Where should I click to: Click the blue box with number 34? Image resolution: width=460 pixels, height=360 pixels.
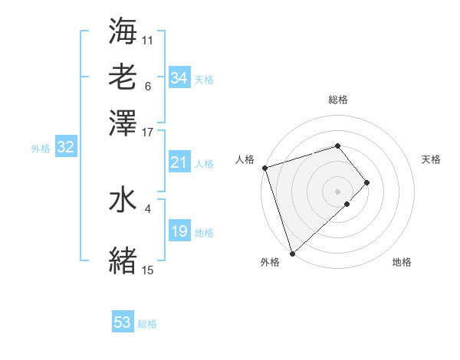click(x=179, y=78)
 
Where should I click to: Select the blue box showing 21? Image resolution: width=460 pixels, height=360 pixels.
click(x=179, y=162)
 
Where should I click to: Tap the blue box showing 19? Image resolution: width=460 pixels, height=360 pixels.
click(x=179, y=231)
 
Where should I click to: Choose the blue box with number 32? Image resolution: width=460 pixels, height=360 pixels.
click(x=65, y=148)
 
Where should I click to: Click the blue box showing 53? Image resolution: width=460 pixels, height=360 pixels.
click(x=123, y=322)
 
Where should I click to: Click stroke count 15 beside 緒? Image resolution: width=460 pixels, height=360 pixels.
click(x=148, y=270)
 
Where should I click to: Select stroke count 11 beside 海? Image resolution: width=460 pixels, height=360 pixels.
click(x=148, y=39)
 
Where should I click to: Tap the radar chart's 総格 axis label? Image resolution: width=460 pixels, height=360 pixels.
click(x=338, y=100)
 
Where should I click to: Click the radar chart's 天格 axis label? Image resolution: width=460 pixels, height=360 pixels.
click(x=431, y=159)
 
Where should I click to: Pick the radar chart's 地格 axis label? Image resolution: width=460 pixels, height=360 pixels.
click(x=402, y=262)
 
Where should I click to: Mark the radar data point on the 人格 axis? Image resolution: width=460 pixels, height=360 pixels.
click(x=264, y=168)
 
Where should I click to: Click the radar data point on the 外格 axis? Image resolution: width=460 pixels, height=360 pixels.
click(x=293, y=252)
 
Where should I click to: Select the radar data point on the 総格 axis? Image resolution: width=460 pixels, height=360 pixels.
click(x=338, y=146)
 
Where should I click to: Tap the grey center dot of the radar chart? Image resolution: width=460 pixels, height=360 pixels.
click(x=338, y=190)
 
